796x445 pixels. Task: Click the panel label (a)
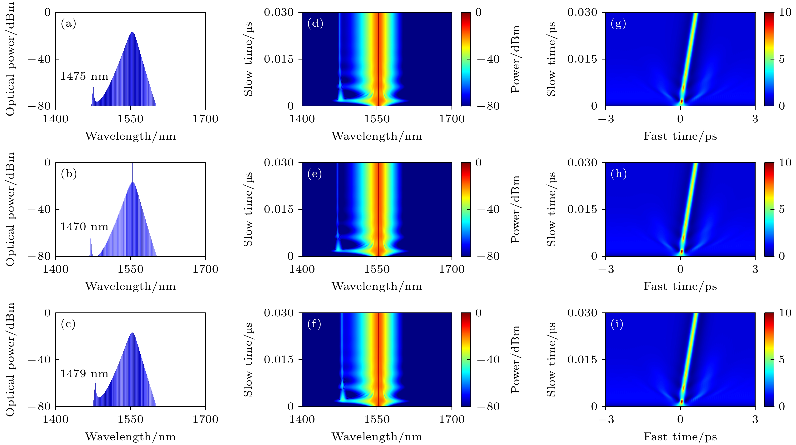pos(68,24)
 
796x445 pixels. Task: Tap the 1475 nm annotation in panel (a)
pos(84,76)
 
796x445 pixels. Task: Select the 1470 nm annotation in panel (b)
pos(84,227)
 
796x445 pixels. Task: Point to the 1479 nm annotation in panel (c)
pos(84,374)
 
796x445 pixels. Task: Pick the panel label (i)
pos(617,324)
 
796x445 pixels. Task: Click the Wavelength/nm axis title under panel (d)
pos(377,136)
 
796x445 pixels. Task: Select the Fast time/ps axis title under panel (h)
pos(680,287)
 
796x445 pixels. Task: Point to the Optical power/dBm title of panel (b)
pos(10,209)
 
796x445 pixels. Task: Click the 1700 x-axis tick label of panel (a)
pos(205,119)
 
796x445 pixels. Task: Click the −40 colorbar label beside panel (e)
pos(488,209)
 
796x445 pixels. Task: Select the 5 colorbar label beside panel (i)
pos(781,360)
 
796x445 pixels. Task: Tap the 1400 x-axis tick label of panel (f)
pos(302,419)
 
